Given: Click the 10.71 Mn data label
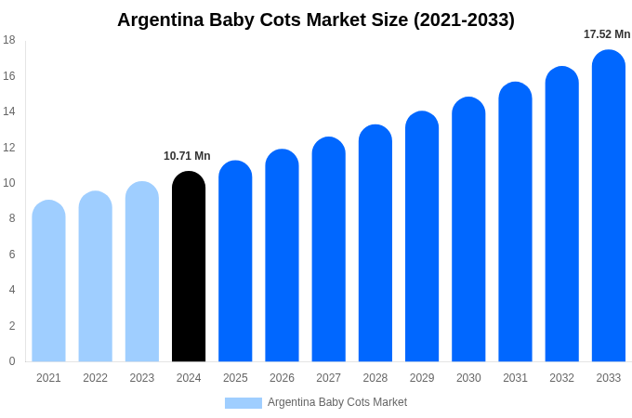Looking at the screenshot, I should point(187,156).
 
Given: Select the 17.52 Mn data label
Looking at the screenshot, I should point(607,34).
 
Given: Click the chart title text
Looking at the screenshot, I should point(316,20).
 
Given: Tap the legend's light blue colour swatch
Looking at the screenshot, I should point(243,403).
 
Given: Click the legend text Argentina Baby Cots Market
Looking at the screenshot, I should point(337,402).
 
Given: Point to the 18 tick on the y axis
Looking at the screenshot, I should point(9,40).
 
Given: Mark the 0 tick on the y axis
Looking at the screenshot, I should point(12,361).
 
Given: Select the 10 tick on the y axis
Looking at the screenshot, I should point(9,183).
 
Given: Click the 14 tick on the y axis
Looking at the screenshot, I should point(9,111).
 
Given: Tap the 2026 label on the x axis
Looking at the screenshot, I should point(282,378).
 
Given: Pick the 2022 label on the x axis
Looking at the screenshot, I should point(95,378).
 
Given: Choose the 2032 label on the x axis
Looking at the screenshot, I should point(561,378).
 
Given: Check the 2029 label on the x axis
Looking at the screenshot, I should point(422,378).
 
